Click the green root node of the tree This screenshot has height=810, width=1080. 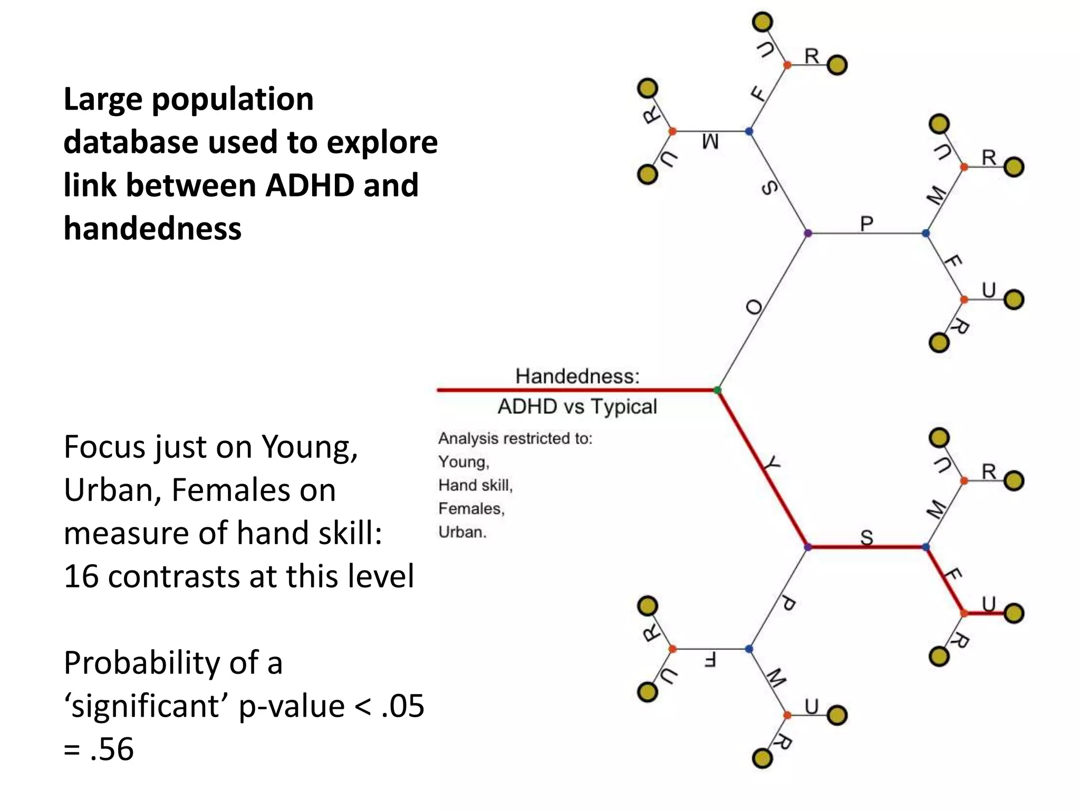pos(717,390)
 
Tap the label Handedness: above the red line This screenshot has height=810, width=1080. pos(577,376)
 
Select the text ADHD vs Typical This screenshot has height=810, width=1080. pos(577,407)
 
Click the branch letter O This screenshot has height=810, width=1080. pos(755,307)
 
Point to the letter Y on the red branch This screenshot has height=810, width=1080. pos(772,464)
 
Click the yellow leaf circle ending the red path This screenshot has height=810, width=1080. pos(1014,613)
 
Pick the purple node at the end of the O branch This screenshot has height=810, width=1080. pos(807,233)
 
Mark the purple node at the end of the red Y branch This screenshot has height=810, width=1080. pos(807,547)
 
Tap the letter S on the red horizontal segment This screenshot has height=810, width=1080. pos(866,537)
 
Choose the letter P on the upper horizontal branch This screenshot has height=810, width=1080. pos(866,224)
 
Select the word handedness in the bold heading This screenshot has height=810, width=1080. pos(152,229)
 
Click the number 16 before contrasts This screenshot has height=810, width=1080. pos(81,576)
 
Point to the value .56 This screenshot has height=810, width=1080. pos(112,749)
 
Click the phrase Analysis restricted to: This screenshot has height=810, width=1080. pos(515,438)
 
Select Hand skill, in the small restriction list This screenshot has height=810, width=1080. pos(475,485)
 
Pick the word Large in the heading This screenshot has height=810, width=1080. pos(103,99)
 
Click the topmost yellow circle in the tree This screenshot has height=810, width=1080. pos(763,22)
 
